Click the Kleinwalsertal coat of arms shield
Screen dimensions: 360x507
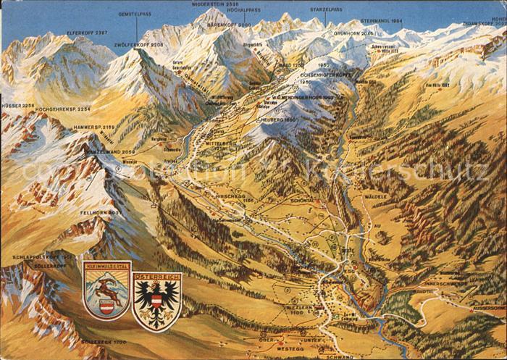click(106, 290)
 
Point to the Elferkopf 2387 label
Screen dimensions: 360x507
click(87, 33)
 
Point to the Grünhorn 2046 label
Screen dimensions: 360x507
click(355, 33)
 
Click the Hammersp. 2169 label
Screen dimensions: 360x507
click(93, 127)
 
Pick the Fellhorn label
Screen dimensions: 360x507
click(95, 213)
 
